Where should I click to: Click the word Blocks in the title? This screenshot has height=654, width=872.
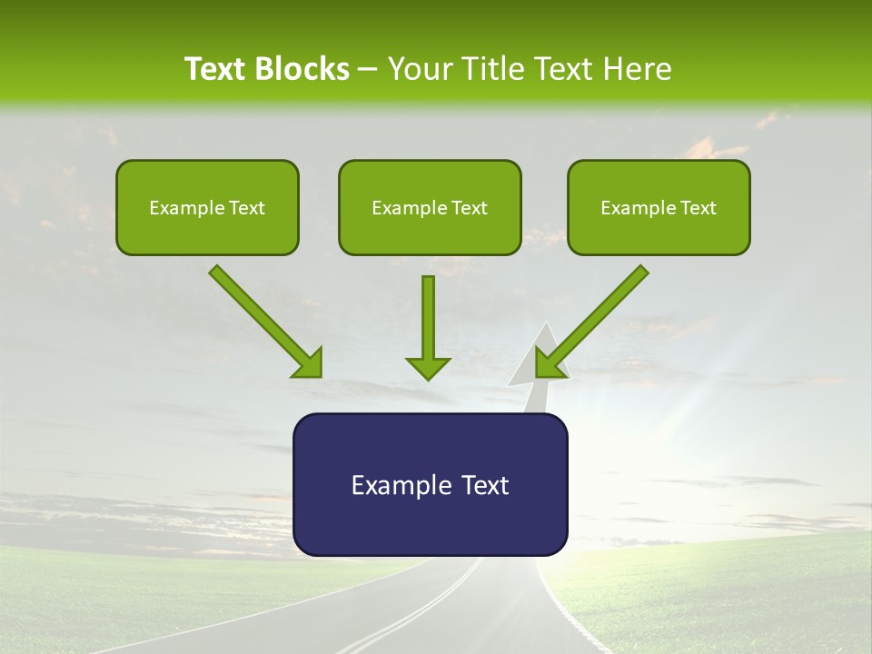tap(302, 69)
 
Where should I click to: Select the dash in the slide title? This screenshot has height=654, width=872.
tap(368, 69)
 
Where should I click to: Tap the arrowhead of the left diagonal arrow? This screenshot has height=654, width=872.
tap(310, 363)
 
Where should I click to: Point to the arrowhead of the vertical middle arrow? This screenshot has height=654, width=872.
tap(428, 368)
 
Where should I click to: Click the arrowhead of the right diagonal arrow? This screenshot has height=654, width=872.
tap(549, 363)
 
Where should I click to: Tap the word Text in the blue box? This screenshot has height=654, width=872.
tap(484, 485)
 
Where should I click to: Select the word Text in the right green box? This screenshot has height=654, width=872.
tap(699, 208)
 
